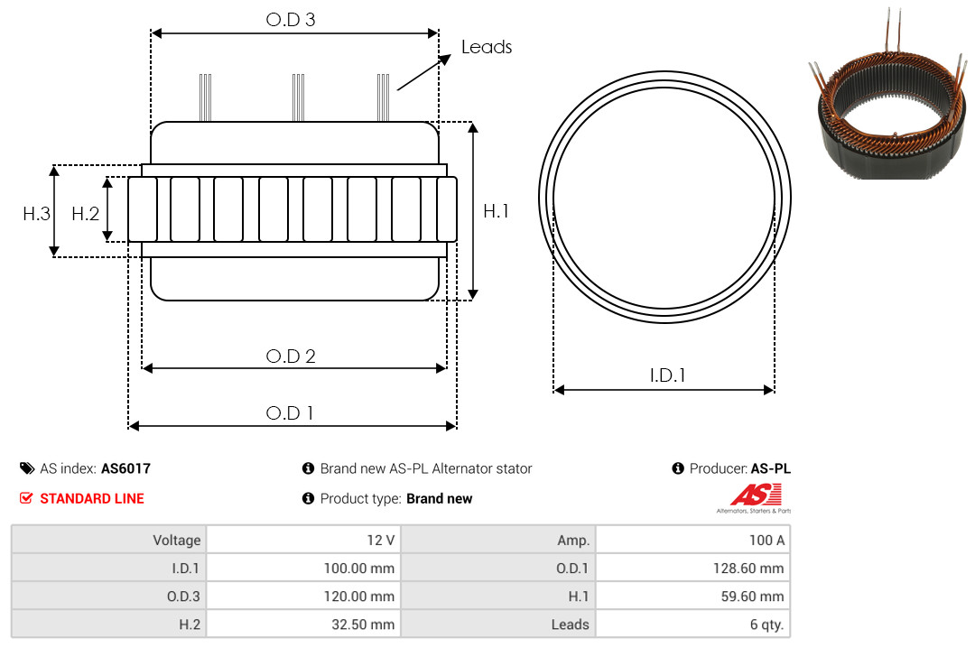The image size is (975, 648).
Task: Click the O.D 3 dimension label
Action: [x=291, y=19]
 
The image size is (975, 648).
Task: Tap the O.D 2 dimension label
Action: [x=291, y=356]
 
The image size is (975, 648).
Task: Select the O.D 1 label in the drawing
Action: [x=289, y=413]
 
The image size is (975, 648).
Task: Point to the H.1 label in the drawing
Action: [x=497, y=211]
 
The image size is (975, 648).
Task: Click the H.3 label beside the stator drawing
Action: [x=37, y=214]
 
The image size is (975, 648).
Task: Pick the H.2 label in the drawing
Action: [x=85, y=214]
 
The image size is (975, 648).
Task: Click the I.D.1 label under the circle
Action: [x=667, y=375]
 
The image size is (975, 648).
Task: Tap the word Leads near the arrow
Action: [x=487, y=47]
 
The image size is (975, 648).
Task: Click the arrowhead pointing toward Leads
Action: [x=445, y=59]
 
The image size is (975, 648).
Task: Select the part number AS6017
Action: [x=125, y=468]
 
